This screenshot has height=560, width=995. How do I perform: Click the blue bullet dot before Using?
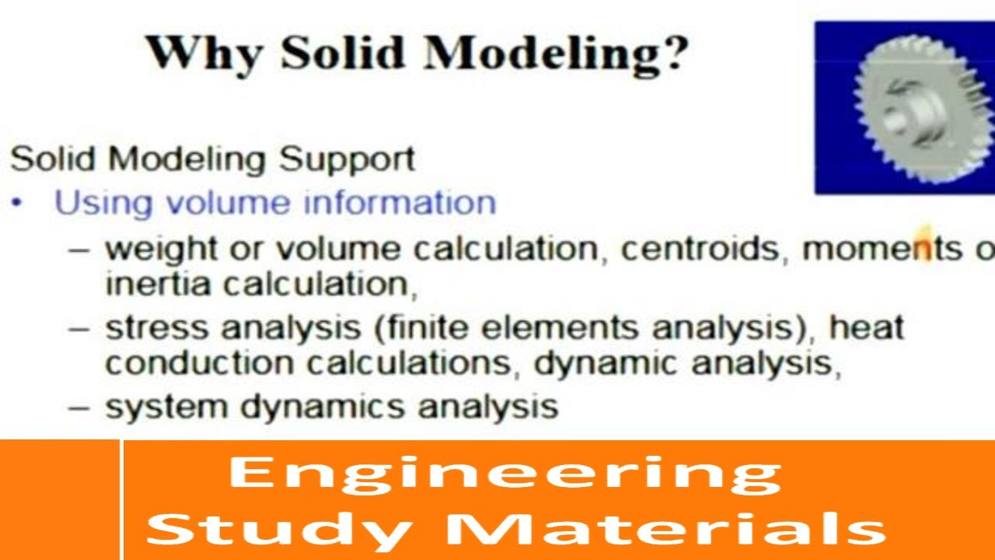pos(18,203)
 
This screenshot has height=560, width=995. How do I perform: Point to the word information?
pos(400,203)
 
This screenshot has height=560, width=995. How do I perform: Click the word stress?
pos(157,327)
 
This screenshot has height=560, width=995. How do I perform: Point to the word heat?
pos(866,327)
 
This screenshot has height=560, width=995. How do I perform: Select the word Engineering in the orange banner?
pos(504,474)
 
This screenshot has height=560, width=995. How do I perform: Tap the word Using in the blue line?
pos(103,203)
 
